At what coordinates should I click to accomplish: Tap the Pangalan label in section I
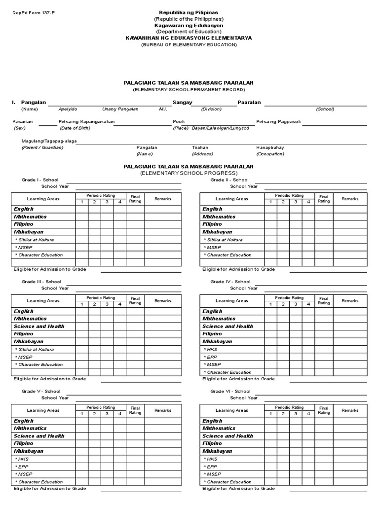[33, 102]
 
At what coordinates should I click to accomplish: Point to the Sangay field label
[182, 102]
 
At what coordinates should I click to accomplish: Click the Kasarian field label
[23, 121]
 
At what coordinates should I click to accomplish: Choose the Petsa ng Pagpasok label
[278, 121]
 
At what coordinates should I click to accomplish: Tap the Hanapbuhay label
[270, 147]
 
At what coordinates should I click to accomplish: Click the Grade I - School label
[39, 180]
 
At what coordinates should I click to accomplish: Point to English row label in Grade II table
[212, 209]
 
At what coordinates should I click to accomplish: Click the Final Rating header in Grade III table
[135, 300]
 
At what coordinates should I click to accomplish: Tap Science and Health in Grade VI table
[227, 436]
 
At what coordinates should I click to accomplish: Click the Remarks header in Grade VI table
[350, 410]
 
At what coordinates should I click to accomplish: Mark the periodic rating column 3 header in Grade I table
[107, 202]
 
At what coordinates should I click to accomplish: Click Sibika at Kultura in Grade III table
[34, 349]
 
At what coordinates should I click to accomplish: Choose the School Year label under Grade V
[55, 398]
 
